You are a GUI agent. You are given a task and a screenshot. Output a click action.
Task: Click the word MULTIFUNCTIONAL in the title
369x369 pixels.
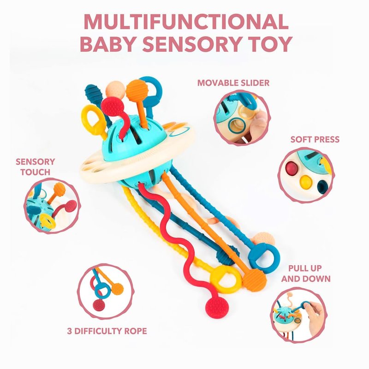184,22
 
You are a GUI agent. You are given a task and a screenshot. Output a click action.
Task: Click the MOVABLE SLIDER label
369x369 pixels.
233,83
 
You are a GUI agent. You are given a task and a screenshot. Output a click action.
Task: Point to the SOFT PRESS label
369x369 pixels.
315,139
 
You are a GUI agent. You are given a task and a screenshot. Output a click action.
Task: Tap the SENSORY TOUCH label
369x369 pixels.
35,167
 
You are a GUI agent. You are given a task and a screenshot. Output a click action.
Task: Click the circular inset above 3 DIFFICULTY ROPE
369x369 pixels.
106,292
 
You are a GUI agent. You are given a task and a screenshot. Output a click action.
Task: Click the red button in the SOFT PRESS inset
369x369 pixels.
292,167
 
